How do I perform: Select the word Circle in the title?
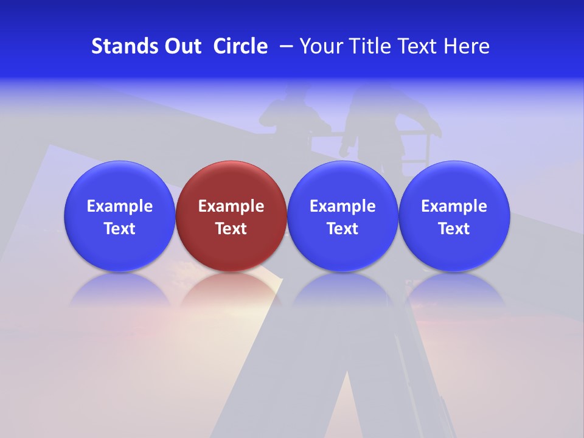[240, 46]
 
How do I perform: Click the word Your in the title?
[321, 46]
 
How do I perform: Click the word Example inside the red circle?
[231, 206]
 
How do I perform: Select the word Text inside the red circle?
[231, 229]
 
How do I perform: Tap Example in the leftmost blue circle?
[120, 206]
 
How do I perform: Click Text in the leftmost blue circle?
[120, 229]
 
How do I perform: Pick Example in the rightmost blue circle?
[454, 206]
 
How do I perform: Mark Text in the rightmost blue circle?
[454, 229]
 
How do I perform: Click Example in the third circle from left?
[342, 206]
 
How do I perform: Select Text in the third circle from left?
[342, 229]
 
